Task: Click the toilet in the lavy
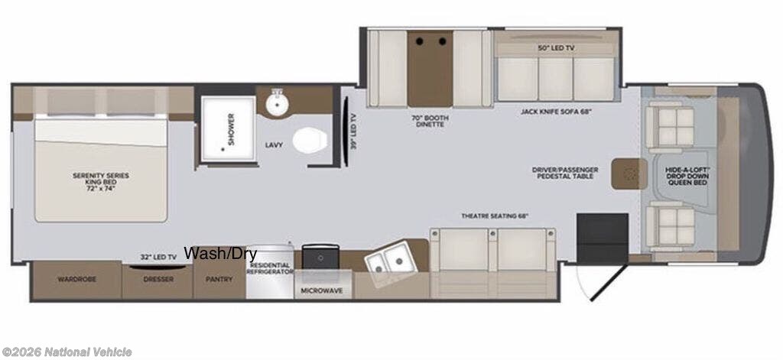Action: [x=310, y=141]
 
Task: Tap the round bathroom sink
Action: [x=276, y=104]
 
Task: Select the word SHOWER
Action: [x=231, y=129]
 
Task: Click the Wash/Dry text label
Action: [x=221, y=254]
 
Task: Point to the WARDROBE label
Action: [x=76, y=279]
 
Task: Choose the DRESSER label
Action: [x=158, y=279]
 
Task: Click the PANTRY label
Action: [x=219, y=279]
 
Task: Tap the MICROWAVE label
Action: [x=322, y=290]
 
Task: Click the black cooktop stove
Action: [x=320, y=256]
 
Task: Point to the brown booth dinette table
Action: [x=430, y=68]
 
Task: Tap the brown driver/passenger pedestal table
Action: [x=629, y=174]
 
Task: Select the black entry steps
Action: [x=603, y=238]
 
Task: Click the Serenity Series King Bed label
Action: [x=100, y=182]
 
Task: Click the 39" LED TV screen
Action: [x=345, y=131]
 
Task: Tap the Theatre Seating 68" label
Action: [x=495, y=216]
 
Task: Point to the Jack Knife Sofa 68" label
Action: [x=556, y=112]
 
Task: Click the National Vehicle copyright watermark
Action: [x=67, y=352]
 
